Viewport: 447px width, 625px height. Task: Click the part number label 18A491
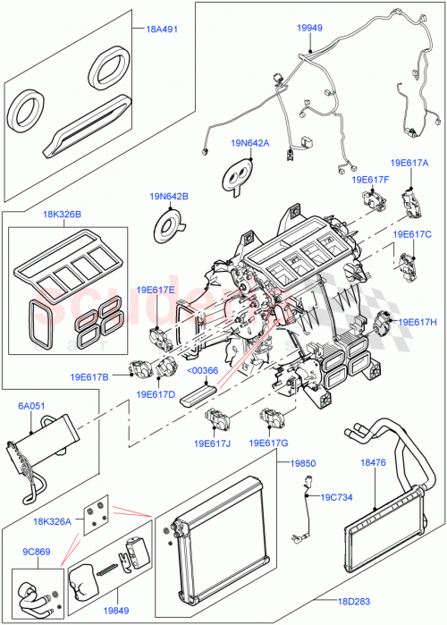(x=162, y=29)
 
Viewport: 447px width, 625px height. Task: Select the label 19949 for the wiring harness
(x=309, y=28)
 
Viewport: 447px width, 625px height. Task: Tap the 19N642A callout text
(x=249, y=142)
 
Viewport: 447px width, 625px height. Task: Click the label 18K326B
(x=61, y=215)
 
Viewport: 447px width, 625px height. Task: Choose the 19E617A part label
(x=409, y=164)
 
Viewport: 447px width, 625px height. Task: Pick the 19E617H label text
(x=417, y=322)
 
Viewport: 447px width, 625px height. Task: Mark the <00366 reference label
(x=203, y=371)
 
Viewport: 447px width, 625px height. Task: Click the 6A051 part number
(x=32, y=405)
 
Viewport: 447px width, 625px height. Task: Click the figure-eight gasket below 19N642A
(x=239, y=176)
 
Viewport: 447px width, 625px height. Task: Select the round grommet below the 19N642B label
(x=169, y=224)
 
